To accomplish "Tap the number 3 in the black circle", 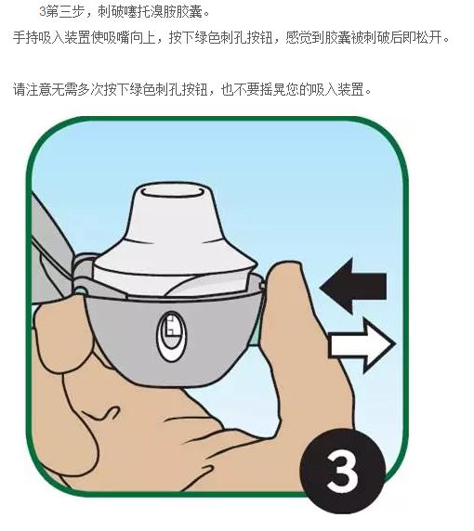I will [x=343, y=468].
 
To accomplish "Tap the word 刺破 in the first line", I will [x=111, y=13].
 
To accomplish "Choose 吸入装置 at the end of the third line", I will [x=344, y=90].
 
